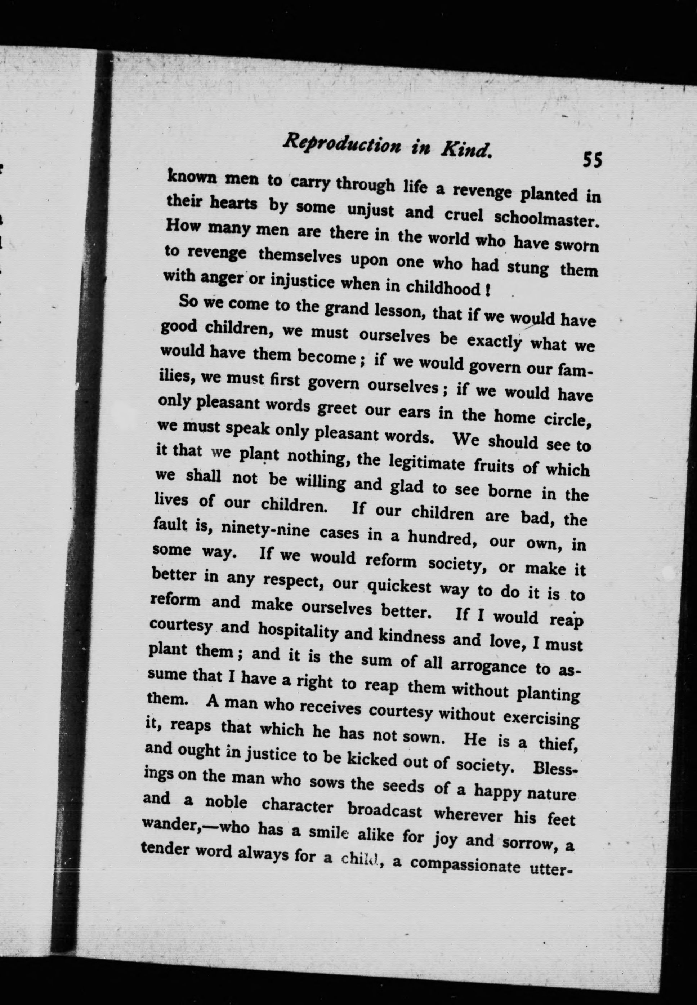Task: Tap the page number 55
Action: [592, 160]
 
